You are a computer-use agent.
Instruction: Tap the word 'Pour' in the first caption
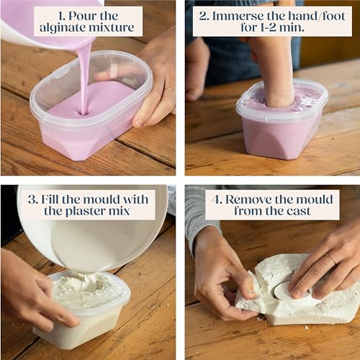click(x=82, y=17)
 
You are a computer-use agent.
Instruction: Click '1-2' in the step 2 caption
click(x=268, y=27)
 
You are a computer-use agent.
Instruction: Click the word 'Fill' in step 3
click(x=50, y=199)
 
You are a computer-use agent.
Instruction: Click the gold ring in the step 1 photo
click(x=171, y=89)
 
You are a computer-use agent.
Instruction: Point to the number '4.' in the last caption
click(x=217, y=199)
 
